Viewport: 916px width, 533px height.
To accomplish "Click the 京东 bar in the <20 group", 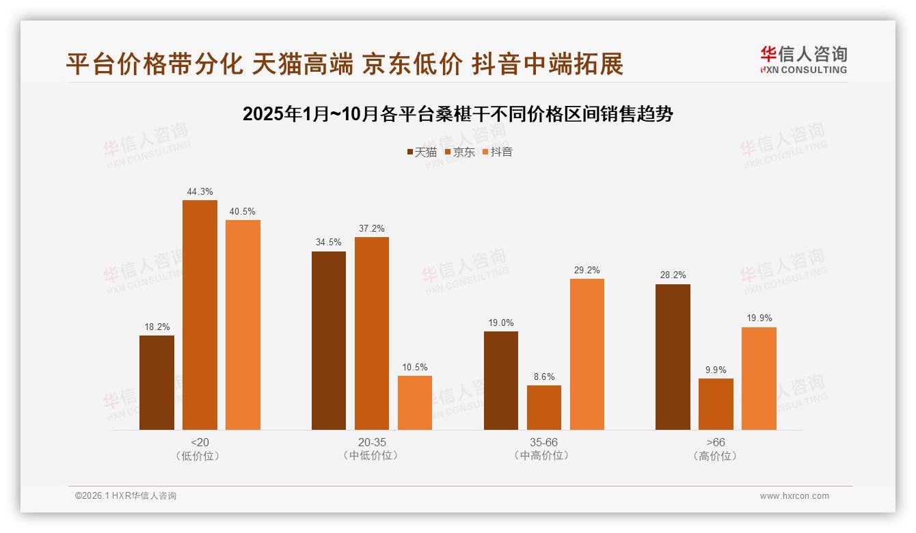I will [x=200, y=315].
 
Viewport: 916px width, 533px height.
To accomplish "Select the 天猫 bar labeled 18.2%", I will [x=157, y=383].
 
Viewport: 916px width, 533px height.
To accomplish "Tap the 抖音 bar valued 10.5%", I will [x=415, y=402].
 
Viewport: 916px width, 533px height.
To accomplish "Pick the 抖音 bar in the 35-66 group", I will [x=587, y=354].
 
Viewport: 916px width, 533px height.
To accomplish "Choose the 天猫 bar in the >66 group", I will [x=673, y=357].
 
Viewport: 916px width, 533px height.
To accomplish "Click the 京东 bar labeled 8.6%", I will [x=544, y=407].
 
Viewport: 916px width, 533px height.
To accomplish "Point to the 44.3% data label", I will [x=200, y=192].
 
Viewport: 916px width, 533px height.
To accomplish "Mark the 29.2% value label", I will [x=587, y=271].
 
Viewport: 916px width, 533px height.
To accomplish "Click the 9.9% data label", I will [x=716, y=370].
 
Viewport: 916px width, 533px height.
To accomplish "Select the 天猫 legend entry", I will [x=422, y=152].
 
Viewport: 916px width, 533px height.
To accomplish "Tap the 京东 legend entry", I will [x=459, y=152].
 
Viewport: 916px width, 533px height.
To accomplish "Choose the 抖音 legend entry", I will [x=497, y=152].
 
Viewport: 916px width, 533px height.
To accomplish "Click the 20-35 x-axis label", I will [x=372, y=442].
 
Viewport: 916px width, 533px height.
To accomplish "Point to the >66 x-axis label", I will [x=716, y=442].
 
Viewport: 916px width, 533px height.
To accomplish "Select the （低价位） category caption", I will [x=200, y=456].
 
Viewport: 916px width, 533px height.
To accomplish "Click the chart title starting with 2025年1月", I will [x=458, y=113].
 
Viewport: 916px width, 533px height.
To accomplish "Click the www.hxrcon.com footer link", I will [x=794, y=496].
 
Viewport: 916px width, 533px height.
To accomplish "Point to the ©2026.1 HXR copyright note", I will [x=126, y=496].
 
